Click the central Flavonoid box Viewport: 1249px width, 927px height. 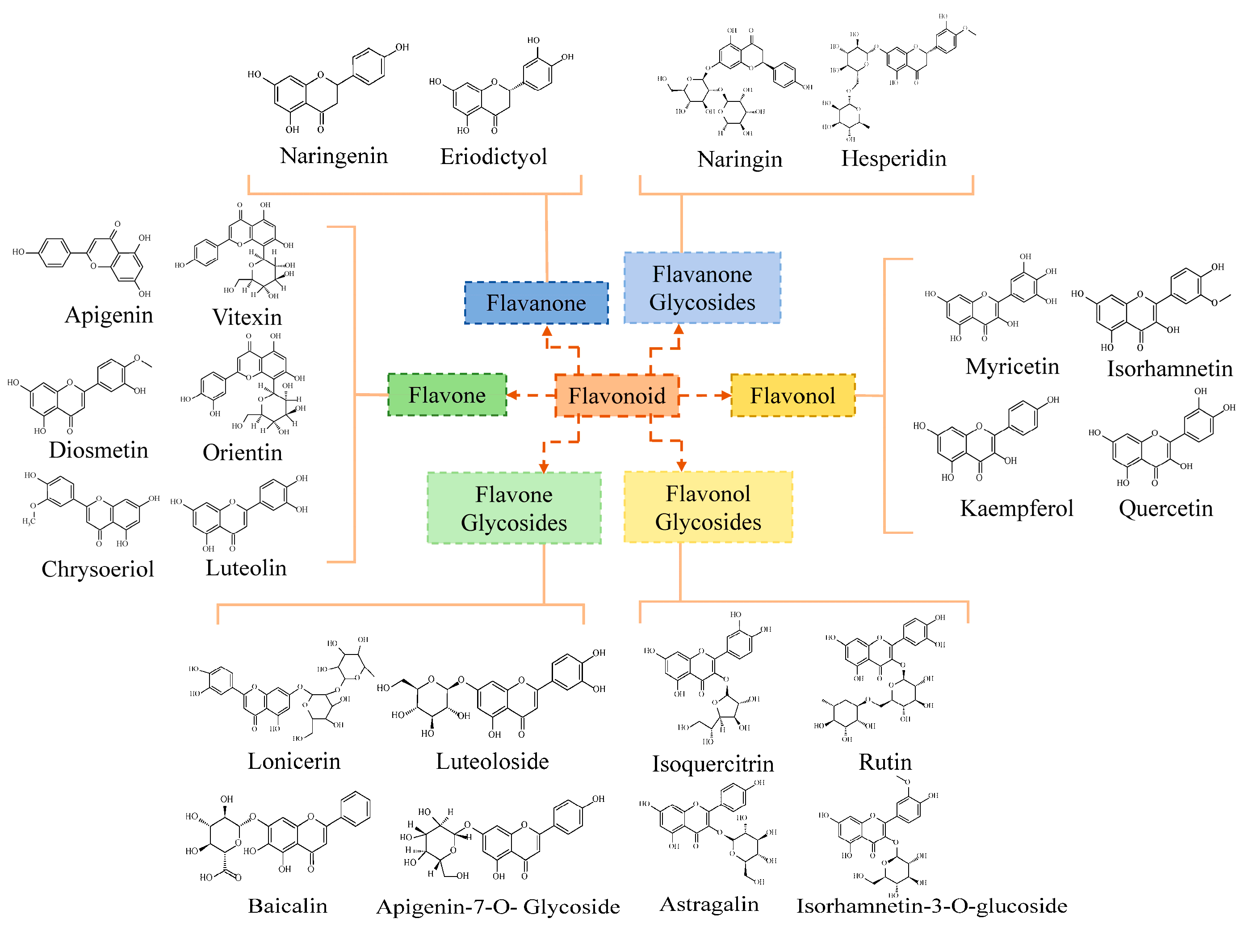pyautogui.click(x=616, y=396)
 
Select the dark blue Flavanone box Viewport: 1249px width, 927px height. pyautogui.click(x=536, y=303)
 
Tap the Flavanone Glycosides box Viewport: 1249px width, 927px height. pyautogui.click(x=702, y=288)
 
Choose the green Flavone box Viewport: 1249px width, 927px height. pyautogui.click(x=447, y=395)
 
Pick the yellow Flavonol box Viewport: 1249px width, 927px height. pyautogui.click(x=792, y=396)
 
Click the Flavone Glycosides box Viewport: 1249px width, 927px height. pyautogui.click(x=514, y=508)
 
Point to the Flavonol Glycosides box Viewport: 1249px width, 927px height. pyautogui.click(x=708, y=507)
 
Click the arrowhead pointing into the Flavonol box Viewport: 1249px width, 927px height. pyautogui.click(x=726, y=396)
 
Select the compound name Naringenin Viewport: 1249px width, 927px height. pyautogui.click(x=334, y=156)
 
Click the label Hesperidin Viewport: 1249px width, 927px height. pyautogui.click(x=893, y=158)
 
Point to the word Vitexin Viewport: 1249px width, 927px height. pyautogui.click(x=247, y=317)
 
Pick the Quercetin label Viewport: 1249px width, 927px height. pyautogui.click(x=1165, y=508)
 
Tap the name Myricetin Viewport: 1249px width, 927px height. pyautogui.click(x=1012, y=366)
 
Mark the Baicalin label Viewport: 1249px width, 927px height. pyautogui.click(x=287, y=906)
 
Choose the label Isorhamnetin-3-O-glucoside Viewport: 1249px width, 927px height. pyautogui.click(x=931, y=906)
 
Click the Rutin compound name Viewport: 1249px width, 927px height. pyautogui.click(x=885, y=762)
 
